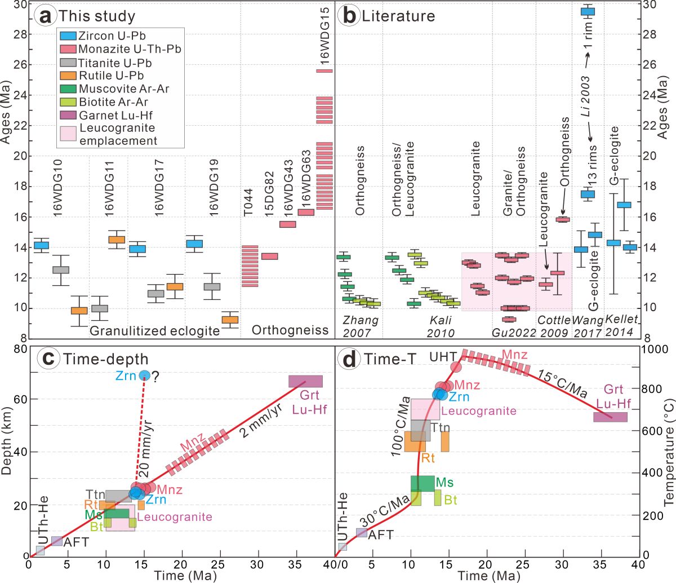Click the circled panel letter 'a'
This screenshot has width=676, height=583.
46,15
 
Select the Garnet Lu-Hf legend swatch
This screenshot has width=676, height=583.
68,115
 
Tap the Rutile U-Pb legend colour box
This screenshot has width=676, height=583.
68,76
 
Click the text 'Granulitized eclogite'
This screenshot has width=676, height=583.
154,330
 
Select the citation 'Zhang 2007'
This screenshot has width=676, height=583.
361,326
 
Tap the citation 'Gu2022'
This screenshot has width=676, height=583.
514,332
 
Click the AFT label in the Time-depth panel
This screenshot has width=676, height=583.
76,542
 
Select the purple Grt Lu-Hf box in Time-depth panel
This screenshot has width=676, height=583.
305,381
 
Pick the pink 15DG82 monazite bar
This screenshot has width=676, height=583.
270,256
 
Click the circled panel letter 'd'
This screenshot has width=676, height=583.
349,359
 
